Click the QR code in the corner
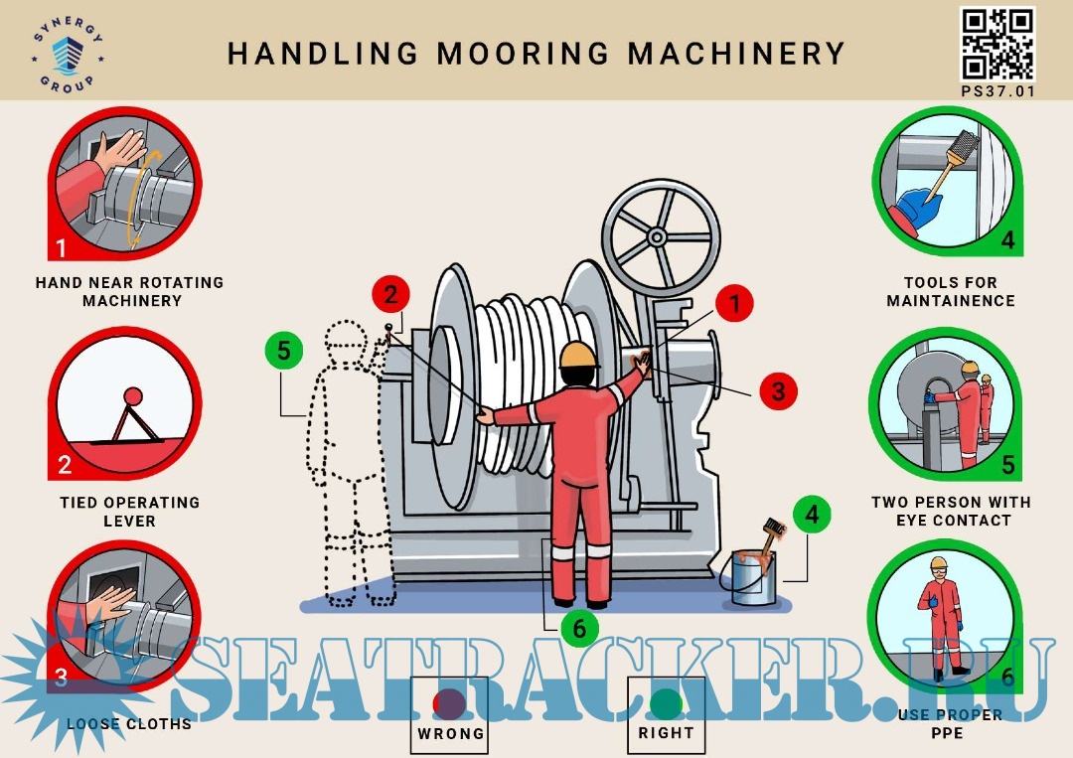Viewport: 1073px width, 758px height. click(x=997, y=45)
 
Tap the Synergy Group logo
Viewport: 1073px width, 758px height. click(x=68, y=54)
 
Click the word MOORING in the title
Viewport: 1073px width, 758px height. click(x=523, y=54)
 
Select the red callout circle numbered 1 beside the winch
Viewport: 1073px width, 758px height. click(x=735, y=303)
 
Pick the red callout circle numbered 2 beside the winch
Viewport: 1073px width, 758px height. click(x=390, y=295)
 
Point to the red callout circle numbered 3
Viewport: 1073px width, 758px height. click(x=778, y=391)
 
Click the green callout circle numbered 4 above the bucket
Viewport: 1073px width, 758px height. click(x=813, y=514)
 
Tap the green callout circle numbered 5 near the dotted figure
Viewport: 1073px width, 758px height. click(x=284, y=351)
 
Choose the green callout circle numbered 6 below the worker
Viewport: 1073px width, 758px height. click(x=579, y=628)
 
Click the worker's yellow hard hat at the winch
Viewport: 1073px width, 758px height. click(x=578, y=355)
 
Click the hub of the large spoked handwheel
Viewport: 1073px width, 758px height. click(x=657, y=237)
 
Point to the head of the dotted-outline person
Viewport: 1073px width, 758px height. click(x=345, y=339)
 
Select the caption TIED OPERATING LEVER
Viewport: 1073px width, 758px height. click(x=129, y=512)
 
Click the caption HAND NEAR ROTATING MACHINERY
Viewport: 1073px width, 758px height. click(x=129, y=291)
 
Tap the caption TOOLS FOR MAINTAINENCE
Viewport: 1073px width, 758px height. click(x=951, y=291)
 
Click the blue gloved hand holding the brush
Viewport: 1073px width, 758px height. click(x=919, y=205)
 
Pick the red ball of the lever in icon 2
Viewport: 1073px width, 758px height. click(x=132, y=396)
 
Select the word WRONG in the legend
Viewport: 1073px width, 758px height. click(x=450, y=733)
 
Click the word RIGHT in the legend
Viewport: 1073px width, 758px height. click(x=666, y=733)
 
